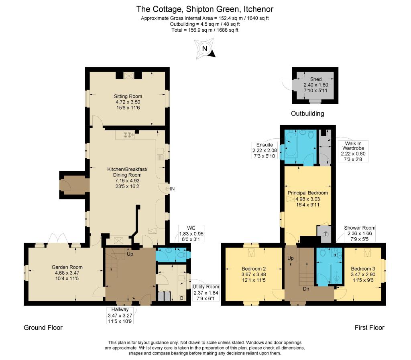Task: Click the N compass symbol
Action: point(205,49)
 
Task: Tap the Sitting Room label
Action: point(128,96)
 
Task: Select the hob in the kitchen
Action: point(129,135)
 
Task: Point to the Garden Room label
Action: point(67,267)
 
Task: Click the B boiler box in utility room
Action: point(181,298)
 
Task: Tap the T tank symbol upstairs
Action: point(326,234)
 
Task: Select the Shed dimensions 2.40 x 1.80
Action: point(316,85)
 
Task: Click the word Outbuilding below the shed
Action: point(307,113)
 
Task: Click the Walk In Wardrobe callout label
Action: point(353,151)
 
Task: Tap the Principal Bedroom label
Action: point(308,193)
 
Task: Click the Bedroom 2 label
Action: point(254,269)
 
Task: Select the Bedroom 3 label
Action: point(363,269)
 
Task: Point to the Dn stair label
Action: point(306,289)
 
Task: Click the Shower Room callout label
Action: point(360,233)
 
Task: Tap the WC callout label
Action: point(191,234)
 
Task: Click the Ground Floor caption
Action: point(43,328)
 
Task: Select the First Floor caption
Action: point(370,328)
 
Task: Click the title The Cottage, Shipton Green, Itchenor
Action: point(205,9)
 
